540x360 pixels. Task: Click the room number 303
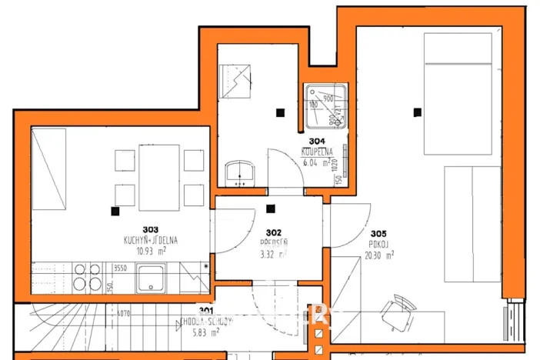(150, 229)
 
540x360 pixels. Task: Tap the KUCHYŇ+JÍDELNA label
(150, 240)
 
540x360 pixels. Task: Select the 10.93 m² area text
(150, 251)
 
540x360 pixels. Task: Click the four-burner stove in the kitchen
(86, 277)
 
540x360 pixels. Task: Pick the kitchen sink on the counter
(152, 278)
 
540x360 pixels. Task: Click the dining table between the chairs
(159, 178)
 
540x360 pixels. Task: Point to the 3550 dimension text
(120, 268)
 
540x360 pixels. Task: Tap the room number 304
(316, 142)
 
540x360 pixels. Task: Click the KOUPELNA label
(316, 152)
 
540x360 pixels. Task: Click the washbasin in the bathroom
(242, 174)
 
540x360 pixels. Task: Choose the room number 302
(274, 232)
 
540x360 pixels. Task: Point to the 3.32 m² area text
(272, 254)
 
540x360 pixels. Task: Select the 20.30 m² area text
(379, 255)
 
